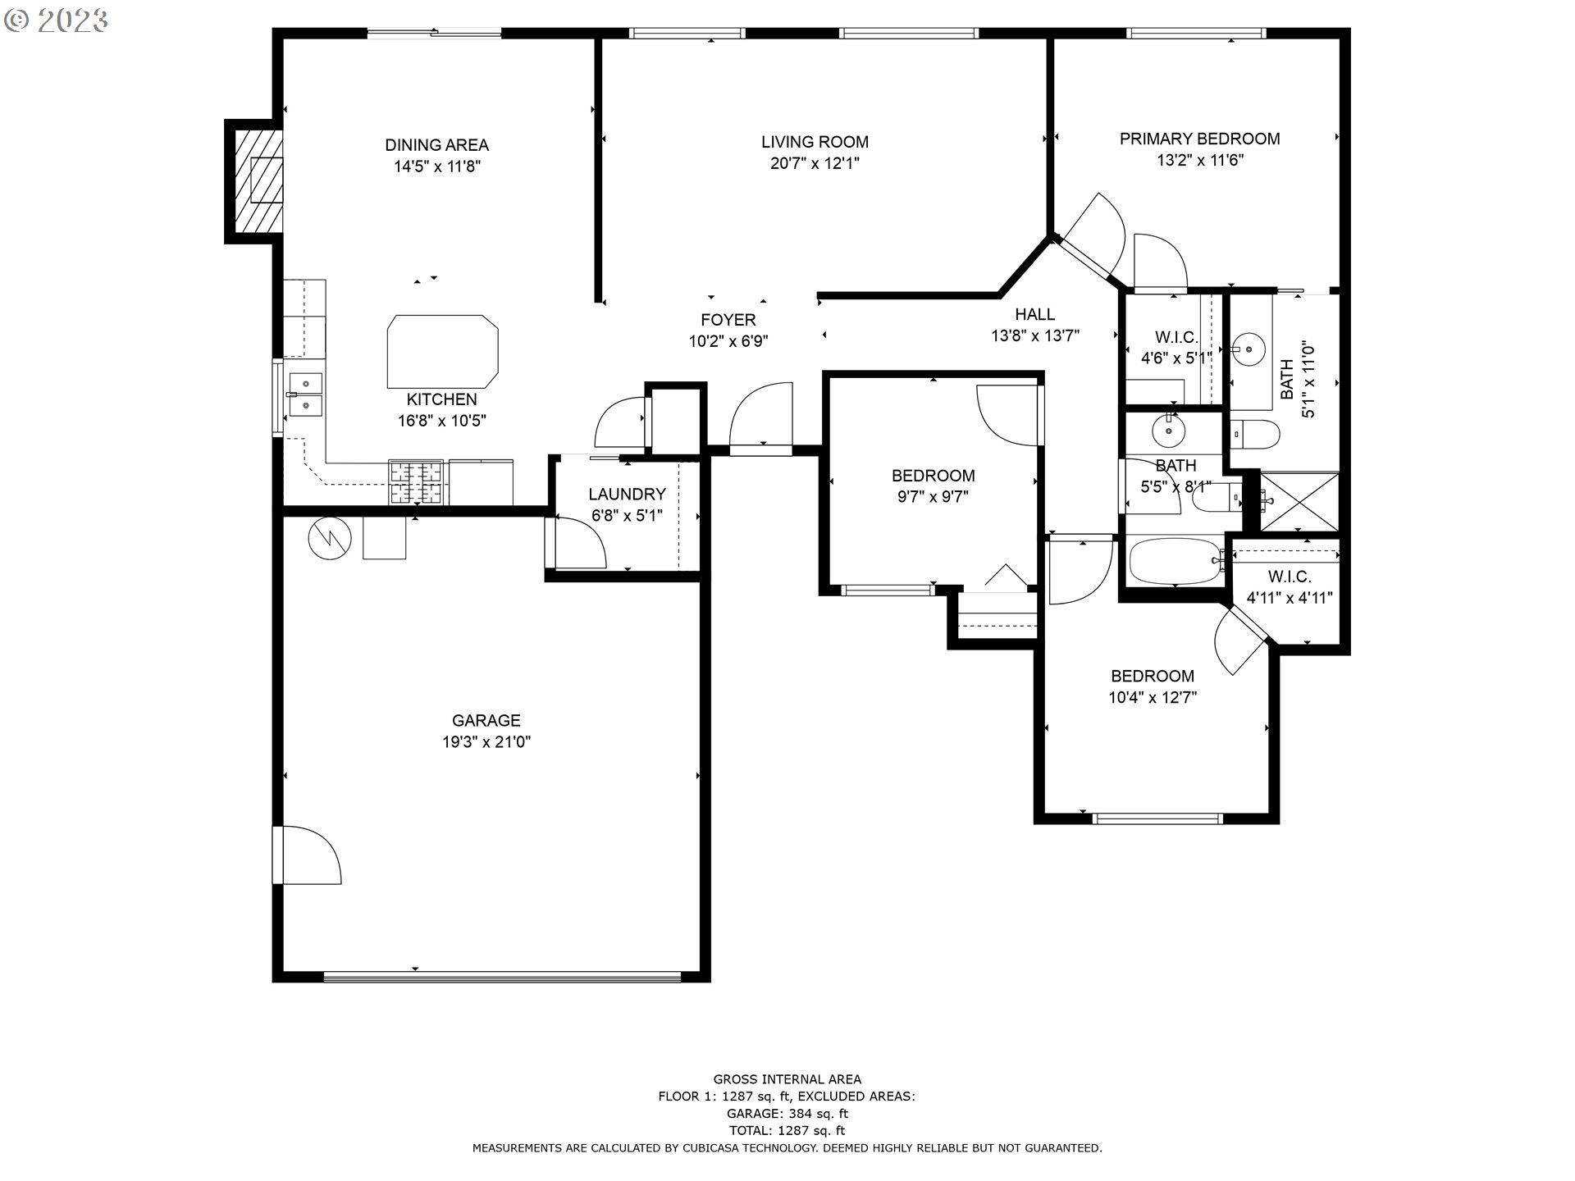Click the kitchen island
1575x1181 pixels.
(x=442, y=351)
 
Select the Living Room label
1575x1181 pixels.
(x=815, y=142)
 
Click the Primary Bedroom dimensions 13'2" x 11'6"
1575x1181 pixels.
(x=1200, y=161)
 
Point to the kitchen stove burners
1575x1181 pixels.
(x=416, y=482)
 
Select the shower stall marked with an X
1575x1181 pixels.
(x=1299, y=502)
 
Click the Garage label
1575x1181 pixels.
(x=486, y=721)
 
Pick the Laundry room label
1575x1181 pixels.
(x=627, y=495)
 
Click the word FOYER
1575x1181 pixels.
(x=728, y=320)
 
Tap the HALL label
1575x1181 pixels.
(x=1035, y=314)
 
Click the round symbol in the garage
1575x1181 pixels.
(x=330, y=538)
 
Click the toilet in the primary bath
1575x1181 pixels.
(x=1255, y=434)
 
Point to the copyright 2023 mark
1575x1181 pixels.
(x=56, y=21)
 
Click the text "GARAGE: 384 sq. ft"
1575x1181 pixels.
(x=787, y=1114)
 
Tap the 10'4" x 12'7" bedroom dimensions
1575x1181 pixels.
(x=1153, y=698)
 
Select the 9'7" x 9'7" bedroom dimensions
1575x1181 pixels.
(x=934, y=496)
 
